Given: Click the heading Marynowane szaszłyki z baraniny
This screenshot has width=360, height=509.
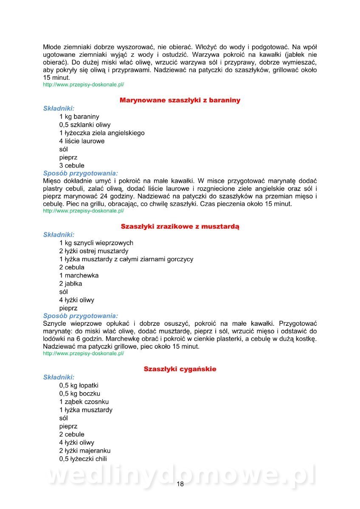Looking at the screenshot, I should click(x=180, y=101).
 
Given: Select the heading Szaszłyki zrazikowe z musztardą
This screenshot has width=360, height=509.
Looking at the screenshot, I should click(x=180, y=227).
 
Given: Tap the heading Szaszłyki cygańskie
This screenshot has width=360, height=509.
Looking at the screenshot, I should click(x=180, y=369).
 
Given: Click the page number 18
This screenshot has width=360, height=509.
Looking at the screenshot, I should click(x=180, y=484).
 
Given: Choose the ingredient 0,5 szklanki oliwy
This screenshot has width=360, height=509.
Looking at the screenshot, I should click(x=85, y=125).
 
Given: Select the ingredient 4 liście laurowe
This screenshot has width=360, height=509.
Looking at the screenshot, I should click(x=82, y=141).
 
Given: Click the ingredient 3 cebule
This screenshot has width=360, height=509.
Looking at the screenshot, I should click(x=72, y=165).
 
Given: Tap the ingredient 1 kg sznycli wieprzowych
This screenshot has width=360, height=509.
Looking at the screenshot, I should click(x=96, y=243).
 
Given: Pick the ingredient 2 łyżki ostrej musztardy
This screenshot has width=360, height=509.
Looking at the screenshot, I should click(x=94, y=251).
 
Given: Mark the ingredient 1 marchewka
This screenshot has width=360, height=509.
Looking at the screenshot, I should click(x=79, y=276).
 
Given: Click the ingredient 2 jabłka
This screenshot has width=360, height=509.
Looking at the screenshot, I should click(x=71, y=284).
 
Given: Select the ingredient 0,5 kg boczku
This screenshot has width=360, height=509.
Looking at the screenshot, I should click(x=80, y=394).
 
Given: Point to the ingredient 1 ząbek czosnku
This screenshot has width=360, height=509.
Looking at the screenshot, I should click(x=84, y=402).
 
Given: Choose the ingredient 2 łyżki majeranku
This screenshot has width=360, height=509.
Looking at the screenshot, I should click(x=85, y=451).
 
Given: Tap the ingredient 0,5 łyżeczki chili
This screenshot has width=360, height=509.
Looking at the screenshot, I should click(x=83, y=459).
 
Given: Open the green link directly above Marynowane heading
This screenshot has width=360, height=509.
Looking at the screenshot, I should click(x=84, y=85).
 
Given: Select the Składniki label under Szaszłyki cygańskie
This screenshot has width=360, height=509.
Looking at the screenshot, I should click(x=59, y=377).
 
